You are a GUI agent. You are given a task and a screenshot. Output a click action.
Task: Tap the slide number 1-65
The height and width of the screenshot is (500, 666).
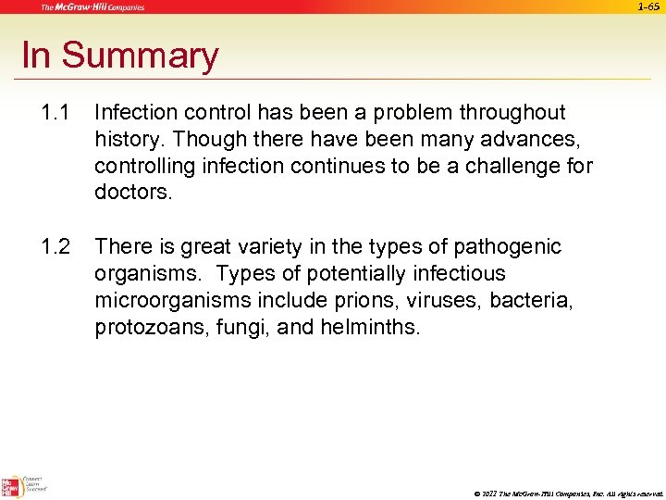tap(649, 6)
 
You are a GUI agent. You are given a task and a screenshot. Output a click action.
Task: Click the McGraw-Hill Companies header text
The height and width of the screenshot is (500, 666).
tap(92, 7)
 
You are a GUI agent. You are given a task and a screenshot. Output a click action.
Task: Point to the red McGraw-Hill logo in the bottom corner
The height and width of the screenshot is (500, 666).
tap(12, 486)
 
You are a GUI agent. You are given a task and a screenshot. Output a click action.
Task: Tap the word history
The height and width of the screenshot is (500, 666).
tap(125, 140)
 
